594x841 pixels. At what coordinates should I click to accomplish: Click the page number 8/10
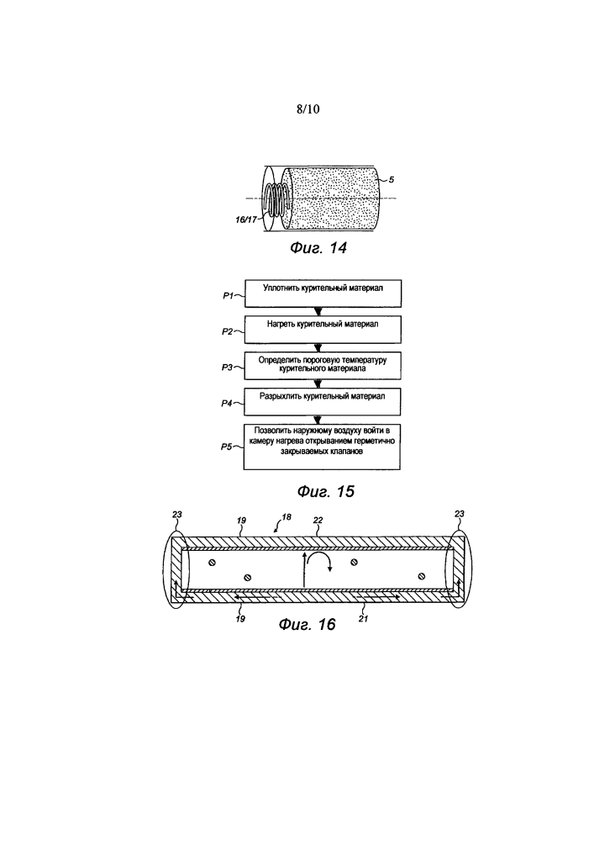click(x=308, y=108)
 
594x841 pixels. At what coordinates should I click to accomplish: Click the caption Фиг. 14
click(x=318, y=247)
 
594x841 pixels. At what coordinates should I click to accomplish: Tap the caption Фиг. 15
click(x=326, y=491)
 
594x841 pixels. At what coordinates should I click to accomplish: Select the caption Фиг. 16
click(x=308, y=624)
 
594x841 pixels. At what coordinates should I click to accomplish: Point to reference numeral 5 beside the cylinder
click(x=392, y=180)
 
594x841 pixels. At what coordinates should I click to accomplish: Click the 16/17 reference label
click(x=246, y=220)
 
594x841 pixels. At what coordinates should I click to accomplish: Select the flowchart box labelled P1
click(x=323, y=294)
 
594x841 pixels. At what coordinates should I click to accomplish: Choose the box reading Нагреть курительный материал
click(x=323, y=330)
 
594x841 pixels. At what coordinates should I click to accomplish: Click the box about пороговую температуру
click(x=323, y=365)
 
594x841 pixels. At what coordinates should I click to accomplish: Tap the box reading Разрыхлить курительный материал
click(x=323, y=401)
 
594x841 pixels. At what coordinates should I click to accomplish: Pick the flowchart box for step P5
click(x=322, y=447)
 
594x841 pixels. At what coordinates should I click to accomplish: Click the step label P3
click(x=227, y=368)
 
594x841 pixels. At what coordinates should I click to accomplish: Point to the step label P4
click(x=227, y=404)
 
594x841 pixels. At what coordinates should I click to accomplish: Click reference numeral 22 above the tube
click(x=318, y=521)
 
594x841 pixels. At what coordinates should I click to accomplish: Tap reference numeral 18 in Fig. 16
click(x=286, y=517)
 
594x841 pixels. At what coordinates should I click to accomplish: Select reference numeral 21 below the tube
click(x=363, y=619)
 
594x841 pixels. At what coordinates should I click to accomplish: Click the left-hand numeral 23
click(x=177, y=515)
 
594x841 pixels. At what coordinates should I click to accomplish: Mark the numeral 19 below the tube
click(x=240, y=619)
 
